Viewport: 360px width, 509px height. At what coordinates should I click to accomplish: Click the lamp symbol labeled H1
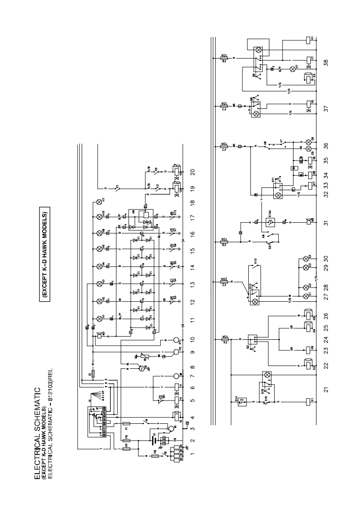point(99,317)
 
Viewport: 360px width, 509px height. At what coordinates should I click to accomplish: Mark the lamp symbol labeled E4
point(305,257)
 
